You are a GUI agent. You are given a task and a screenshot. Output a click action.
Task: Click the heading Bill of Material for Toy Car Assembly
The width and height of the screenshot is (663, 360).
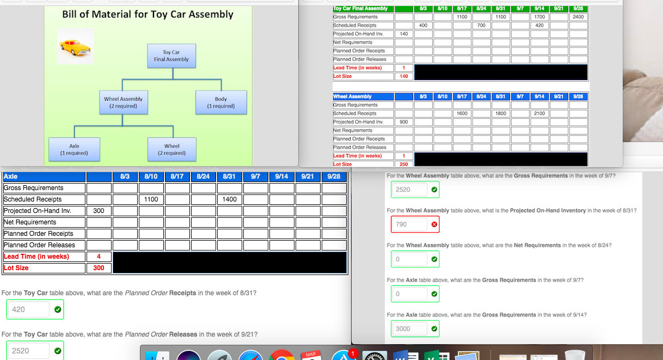(148, 15)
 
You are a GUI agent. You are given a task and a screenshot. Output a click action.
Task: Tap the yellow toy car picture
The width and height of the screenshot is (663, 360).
(76, 47)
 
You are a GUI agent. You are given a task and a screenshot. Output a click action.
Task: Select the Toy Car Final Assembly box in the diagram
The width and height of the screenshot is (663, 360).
(171, 56)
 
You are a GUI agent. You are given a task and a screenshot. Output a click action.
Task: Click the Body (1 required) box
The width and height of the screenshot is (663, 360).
(220, 102)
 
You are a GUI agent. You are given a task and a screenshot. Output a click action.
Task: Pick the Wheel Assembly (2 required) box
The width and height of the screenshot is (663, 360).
(123, 102)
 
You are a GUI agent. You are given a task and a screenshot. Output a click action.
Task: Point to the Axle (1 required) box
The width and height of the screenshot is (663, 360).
(74, 149)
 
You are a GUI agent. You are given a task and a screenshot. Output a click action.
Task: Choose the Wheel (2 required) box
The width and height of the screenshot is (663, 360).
(171, 149)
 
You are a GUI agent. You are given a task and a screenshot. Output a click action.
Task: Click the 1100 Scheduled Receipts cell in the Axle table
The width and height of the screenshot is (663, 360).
(151, 199)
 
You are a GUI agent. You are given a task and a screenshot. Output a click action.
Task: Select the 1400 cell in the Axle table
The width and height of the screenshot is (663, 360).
(229, 199)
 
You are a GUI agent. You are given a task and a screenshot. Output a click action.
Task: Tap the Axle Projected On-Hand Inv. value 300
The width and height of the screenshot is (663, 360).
(99, 211)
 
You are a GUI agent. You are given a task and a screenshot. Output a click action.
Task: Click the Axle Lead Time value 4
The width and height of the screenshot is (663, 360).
(99, 257)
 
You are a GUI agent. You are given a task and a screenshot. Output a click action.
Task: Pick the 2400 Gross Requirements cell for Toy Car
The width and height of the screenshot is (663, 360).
(578, 17)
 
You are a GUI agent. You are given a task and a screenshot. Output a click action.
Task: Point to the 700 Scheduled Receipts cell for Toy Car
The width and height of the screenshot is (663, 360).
(481, 26)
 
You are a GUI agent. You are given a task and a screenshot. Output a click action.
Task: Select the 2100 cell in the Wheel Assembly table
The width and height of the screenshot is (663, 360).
(539, 113)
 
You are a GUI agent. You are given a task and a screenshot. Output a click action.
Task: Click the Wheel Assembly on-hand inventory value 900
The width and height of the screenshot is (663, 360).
(404, 122)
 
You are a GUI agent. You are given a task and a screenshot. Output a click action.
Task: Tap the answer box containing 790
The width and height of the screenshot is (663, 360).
(408, 224)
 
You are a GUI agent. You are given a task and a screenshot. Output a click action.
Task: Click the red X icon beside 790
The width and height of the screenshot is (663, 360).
(434, 224)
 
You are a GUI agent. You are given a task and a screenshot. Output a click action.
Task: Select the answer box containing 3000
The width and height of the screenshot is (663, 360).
(408, 329)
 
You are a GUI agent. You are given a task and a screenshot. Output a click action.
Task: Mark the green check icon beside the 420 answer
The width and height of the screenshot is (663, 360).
(58, 309)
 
